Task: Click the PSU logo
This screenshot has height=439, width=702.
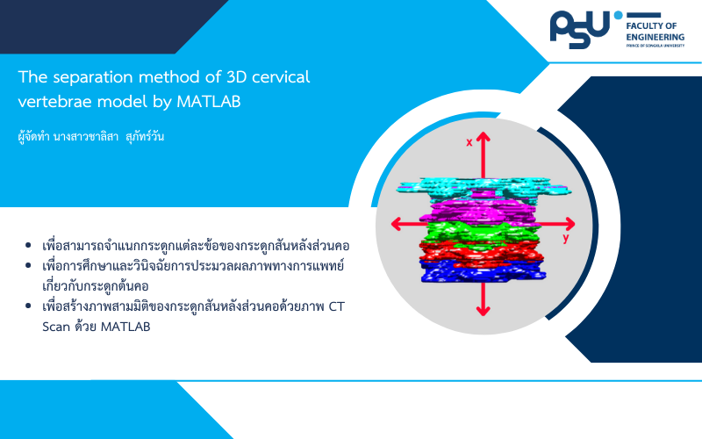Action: point(580,29)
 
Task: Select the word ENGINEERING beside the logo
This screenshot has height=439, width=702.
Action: point(655,37)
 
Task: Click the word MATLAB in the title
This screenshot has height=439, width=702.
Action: point(209,102)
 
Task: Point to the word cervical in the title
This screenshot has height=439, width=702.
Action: point(281,77)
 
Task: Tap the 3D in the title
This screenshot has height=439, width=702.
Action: point(237,77)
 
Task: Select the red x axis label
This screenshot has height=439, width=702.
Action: point(469,142)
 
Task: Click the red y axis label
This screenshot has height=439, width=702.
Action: point(566,238)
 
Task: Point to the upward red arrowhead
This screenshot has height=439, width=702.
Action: point(483,137)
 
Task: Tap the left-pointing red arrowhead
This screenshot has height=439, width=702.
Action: point(397,224)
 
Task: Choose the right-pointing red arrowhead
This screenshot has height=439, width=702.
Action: point(569,224)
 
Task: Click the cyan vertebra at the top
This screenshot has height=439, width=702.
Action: point(484,190)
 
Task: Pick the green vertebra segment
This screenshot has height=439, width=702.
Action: point(480,232)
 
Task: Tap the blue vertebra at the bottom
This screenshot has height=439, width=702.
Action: point(483,271)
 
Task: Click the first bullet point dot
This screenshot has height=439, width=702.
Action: point(28,245)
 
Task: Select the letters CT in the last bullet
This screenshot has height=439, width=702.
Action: point(337,306)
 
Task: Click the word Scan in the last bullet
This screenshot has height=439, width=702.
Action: point(56,327)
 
